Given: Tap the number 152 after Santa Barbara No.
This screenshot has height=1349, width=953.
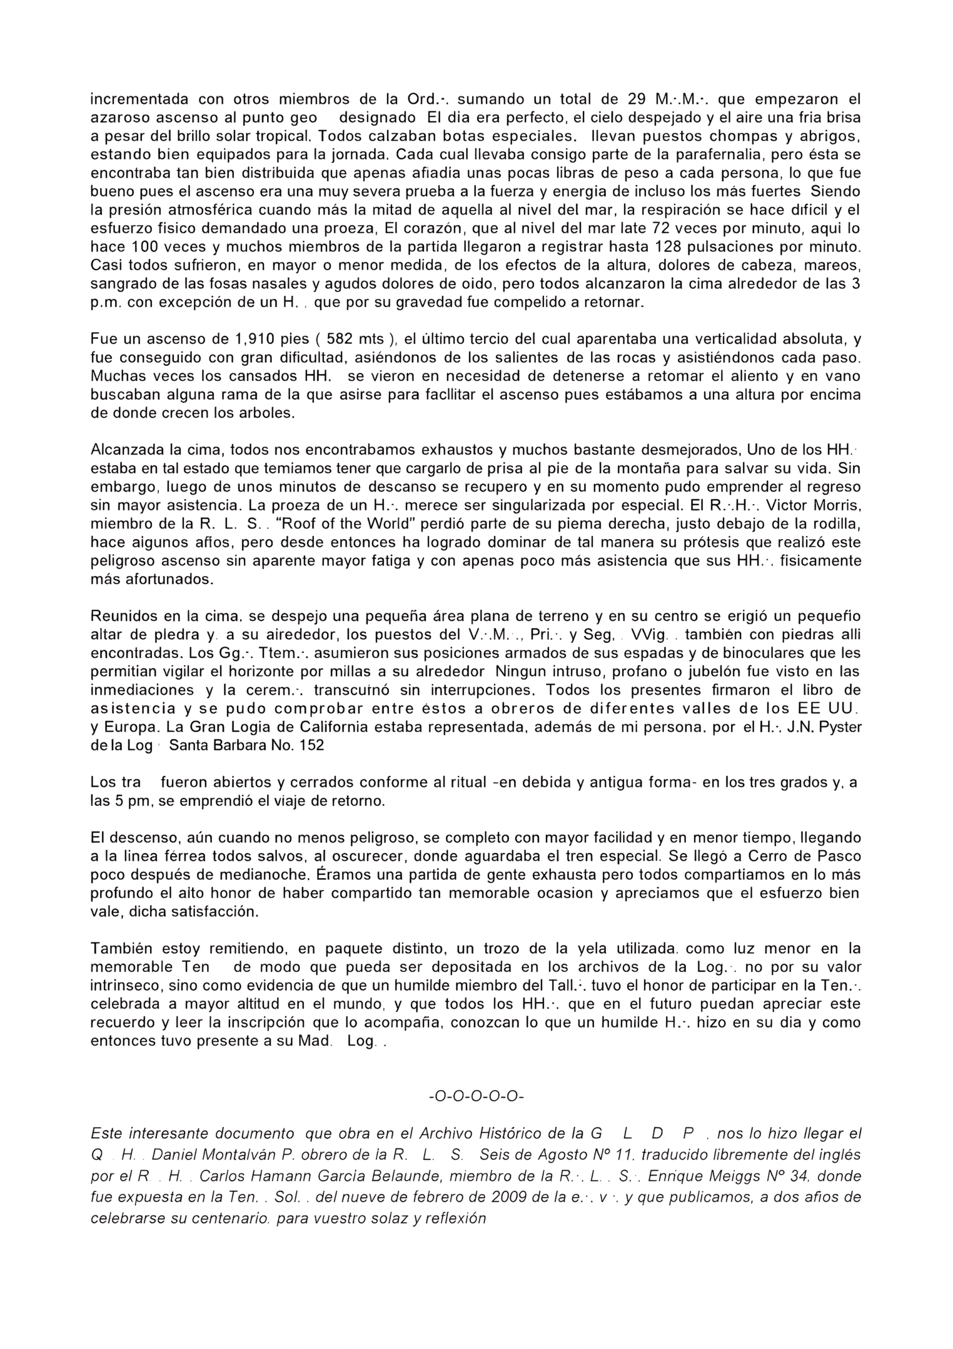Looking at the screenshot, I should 312,746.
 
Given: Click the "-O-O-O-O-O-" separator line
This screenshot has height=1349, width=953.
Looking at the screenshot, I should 476,1097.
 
